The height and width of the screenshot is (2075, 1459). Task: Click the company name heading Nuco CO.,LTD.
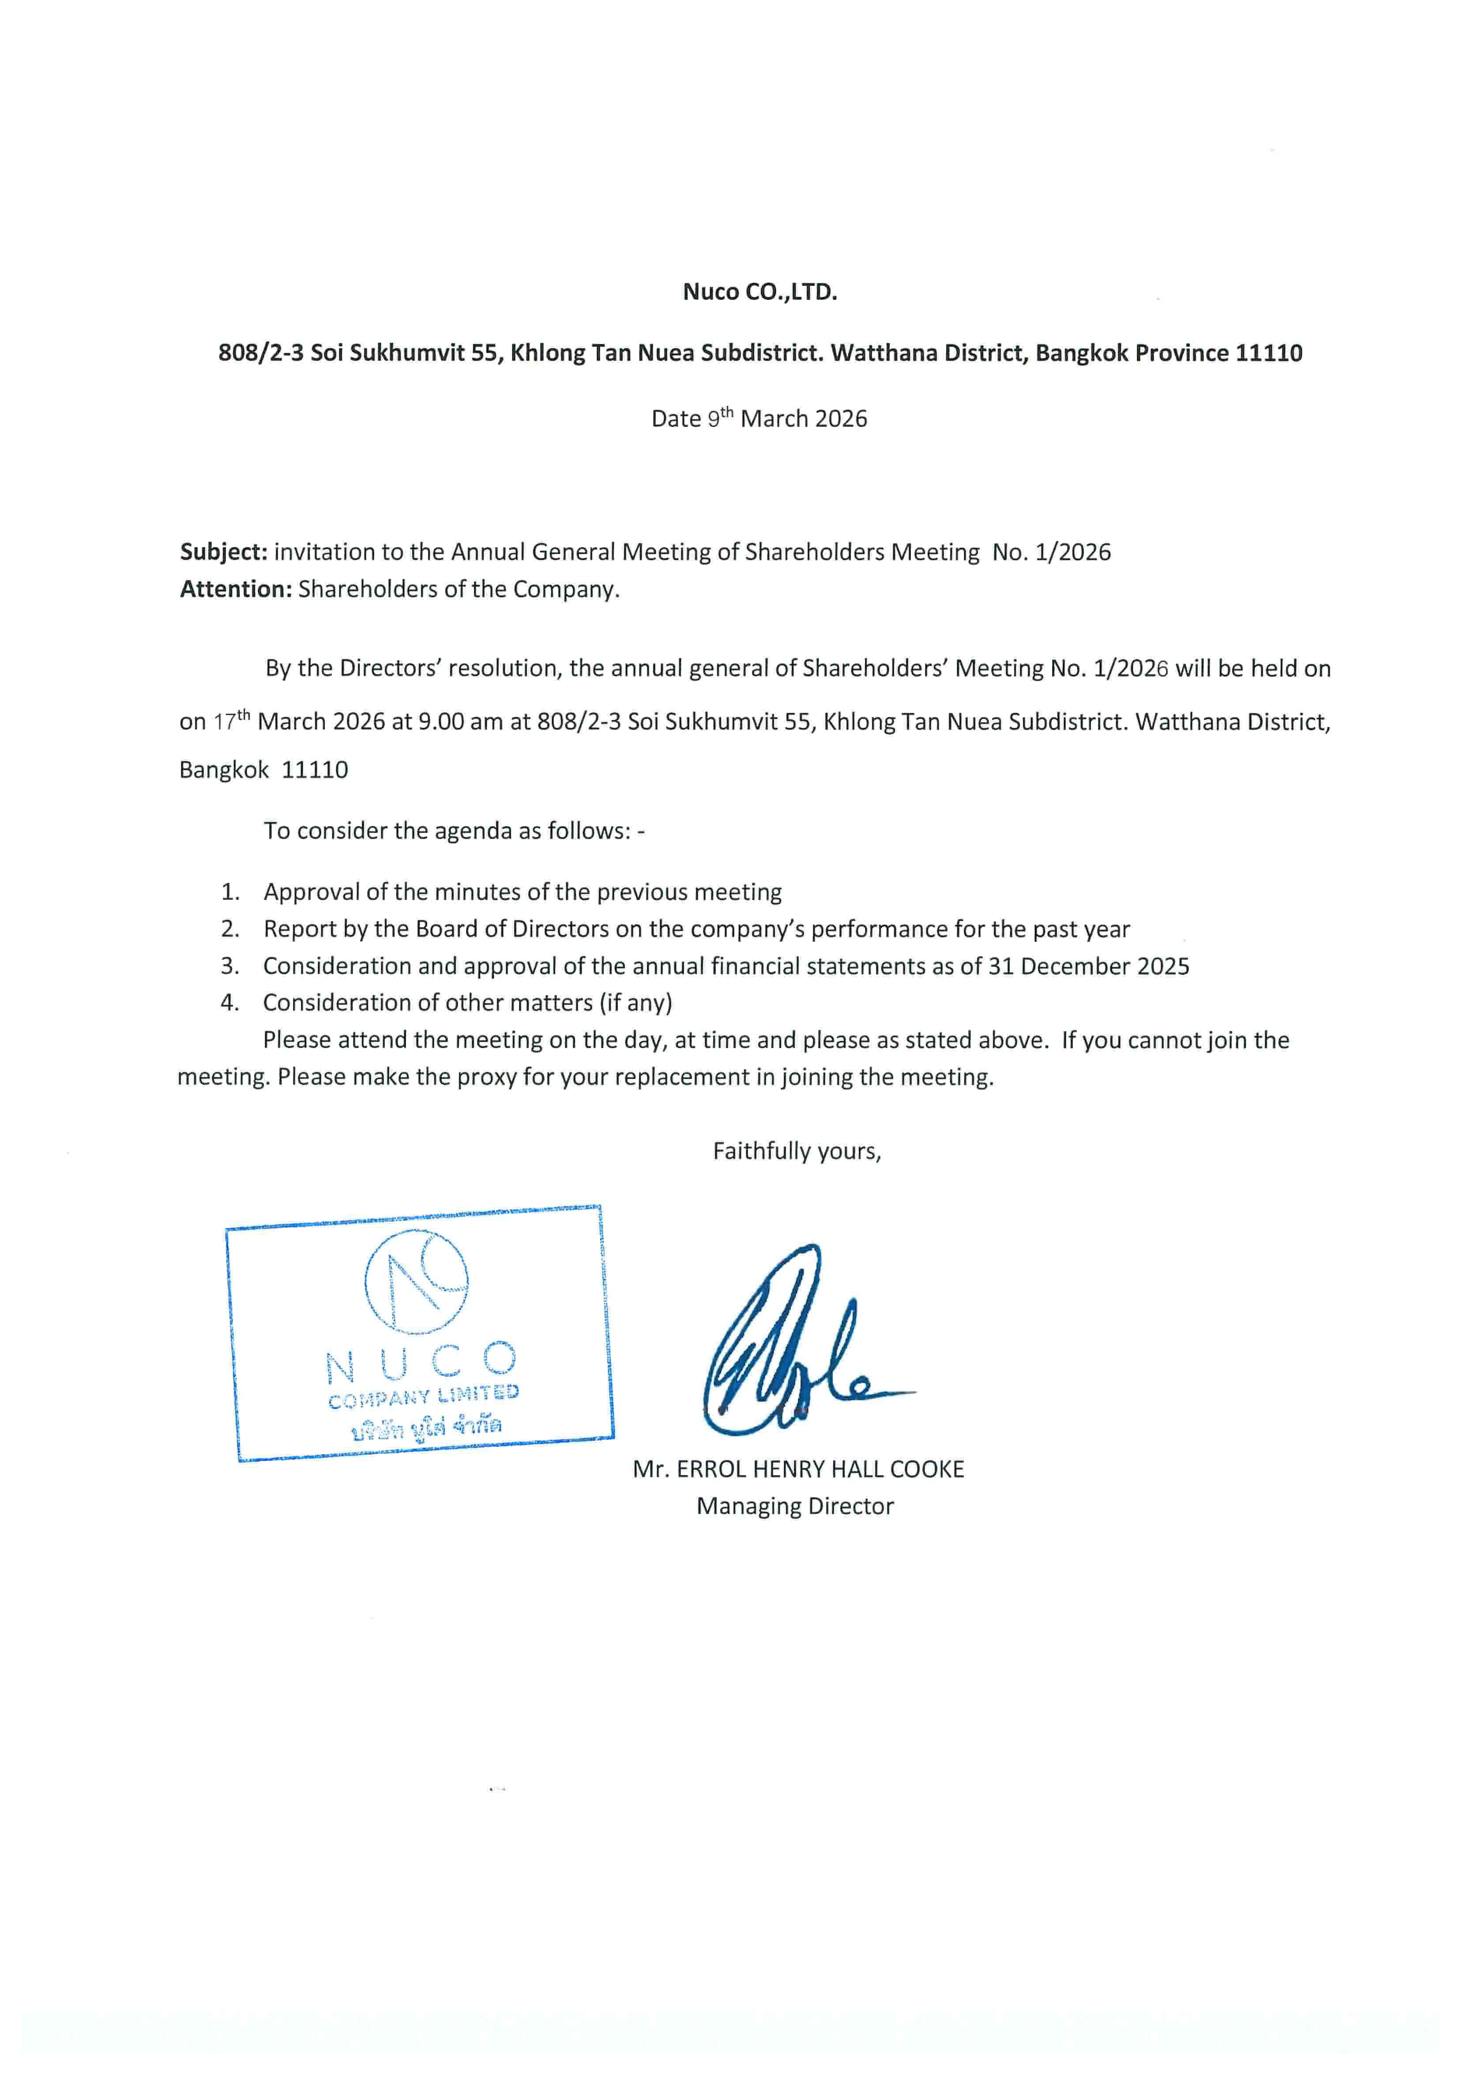(x=760, y=292)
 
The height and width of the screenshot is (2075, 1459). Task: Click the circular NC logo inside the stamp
(x=417, y=1281)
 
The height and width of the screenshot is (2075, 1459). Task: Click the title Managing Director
(x=794, y=1506)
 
